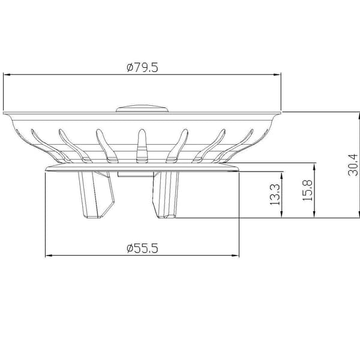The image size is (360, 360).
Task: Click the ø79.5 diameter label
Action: (x=142, y=67)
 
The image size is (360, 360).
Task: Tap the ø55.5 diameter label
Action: (x=142, y=248)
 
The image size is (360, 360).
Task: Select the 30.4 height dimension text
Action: (x=353, y=165)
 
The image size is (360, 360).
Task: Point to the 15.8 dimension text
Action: (x=307, y=190)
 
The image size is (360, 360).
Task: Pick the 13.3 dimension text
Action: (x=275, y=194)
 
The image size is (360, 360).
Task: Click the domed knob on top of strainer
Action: (x=142, y=109)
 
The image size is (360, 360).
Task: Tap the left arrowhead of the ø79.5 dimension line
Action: (x=7, y=74)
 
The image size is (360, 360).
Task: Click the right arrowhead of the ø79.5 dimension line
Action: (x=277, y=74)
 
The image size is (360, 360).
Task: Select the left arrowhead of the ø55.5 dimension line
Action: (x=49, y=256)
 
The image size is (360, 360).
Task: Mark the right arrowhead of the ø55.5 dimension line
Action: (x=236, y=256)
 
